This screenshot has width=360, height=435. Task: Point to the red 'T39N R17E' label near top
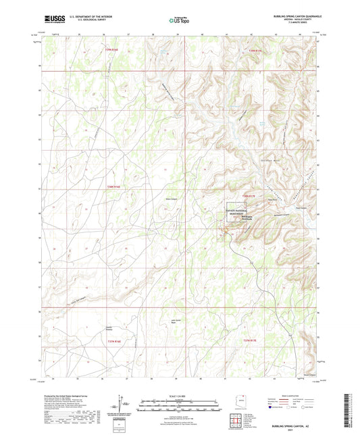251,51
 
